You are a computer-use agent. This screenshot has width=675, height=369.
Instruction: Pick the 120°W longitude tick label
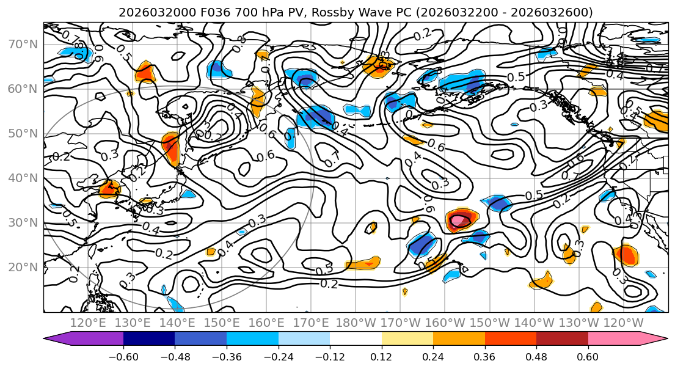pyautogui.click(x=624, y=323)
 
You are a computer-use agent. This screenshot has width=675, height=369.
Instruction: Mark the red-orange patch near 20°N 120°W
pyautogui.click(x=626, y=254)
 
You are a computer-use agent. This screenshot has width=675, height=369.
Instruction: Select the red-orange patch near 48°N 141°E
pyautogui.click(x=171, y=148)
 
